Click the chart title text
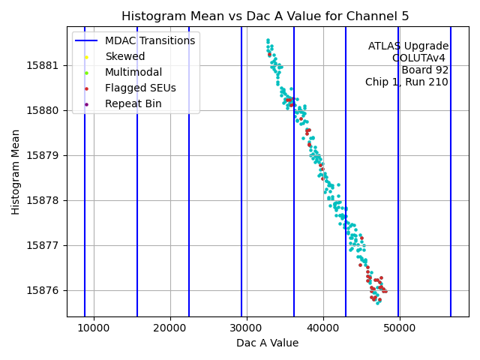click(x=267, y=16)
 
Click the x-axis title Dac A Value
click(x=267, y=343)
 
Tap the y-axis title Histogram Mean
click(x=16, y=172)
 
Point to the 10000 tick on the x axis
click(x=94, y=328)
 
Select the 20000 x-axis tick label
click(x=170, y=328)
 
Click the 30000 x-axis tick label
click(x=247, y=328)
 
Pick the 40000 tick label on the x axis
click(x=323, y=328)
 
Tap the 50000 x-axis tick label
click(x=400, y=328)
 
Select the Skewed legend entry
click(x=125, y=56)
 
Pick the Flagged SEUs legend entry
click(x=140, y=88)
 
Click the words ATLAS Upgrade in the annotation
click(x=408, y=46)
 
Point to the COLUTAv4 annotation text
click(x=420, y=58)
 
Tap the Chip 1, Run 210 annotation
click(x=406, y=82)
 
